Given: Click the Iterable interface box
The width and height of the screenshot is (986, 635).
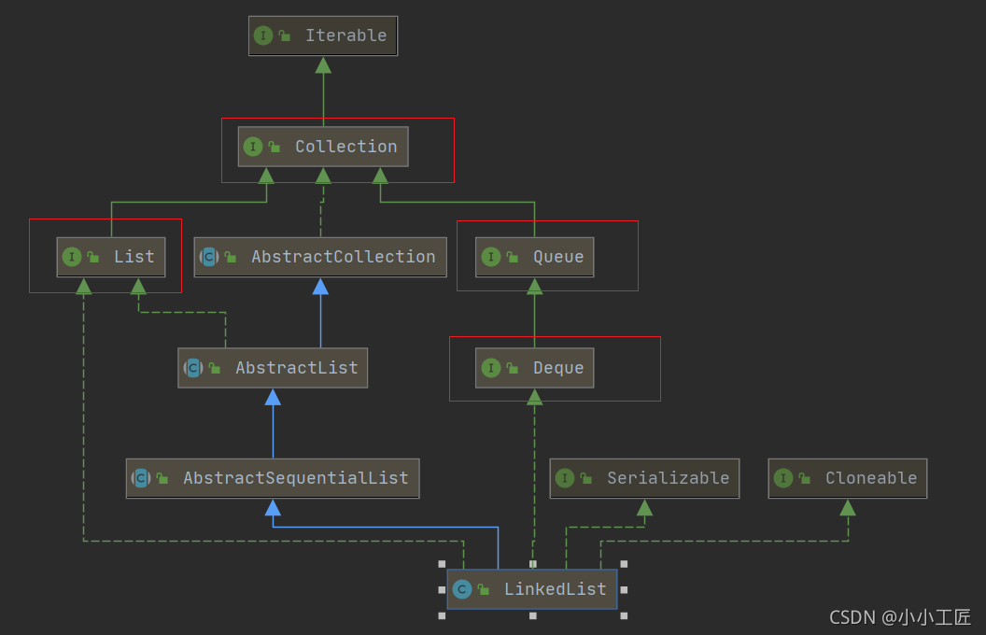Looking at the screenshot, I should tap(323, 35).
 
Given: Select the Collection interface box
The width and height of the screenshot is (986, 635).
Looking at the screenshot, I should tap(323, 147).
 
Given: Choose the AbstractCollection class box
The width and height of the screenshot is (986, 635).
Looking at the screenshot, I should tap(320, 257).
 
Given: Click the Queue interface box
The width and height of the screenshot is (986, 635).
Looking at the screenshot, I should tap(534, 257).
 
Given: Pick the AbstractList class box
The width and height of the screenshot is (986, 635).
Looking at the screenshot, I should tap(273, 368).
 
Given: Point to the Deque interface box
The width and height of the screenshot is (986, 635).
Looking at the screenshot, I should tap(534, 368).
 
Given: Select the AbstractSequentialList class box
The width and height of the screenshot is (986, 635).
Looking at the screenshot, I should tap(273, 478).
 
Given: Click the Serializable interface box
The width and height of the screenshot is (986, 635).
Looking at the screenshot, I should tap(644, 478).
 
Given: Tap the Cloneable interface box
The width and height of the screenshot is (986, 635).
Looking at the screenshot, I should tap(848, 478).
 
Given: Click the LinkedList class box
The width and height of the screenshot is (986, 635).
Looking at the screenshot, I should tap(531, 589).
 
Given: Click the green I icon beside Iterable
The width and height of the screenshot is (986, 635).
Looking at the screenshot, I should tap(263, 35).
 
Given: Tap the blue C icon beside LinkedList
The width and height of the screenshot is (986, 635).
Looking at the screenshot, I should tap(461, 589).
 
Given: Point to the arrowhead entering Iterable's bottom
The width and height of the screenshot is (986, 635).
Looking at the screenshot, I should tap(323, 65).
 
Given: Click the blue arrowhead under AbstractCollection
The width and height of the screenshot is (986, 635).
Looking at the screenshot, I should tap(320, 287).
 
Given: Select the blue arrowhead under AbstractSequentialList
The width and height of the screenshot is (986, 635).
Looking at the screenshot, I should tap(273, 508).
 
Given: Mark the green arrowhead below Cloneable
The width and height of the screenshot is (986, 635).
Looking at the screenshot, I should tap(848, 508).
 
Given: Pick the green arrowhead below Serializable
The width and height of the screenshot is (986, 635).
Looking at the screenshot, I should tap(644, 508).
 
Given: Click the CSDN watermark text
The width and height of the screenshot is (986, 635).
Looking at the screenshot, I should tap(900, 617).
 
